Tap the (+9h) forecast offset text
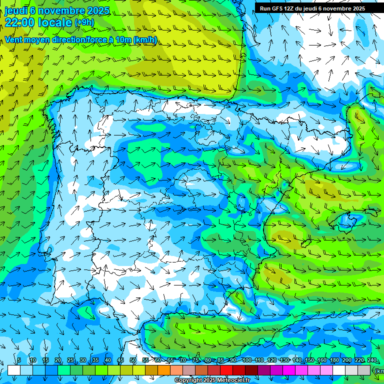pos(84,22)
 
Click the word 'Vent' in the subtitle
pos(14,39)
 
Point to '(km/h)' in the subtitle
pos(145,39)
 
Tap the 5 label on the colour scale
pos(19,360)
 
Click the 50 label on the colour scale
pos(133,360)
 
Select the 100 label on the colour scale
pos(246,360)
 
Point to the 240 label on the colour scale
pos(371,360)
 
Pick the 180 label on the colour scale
pos(333,360)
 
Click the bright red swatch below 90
pos(226,370)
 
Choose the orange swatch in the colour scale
pos(164,370)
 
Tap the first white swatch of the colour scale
pos(14,370)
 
